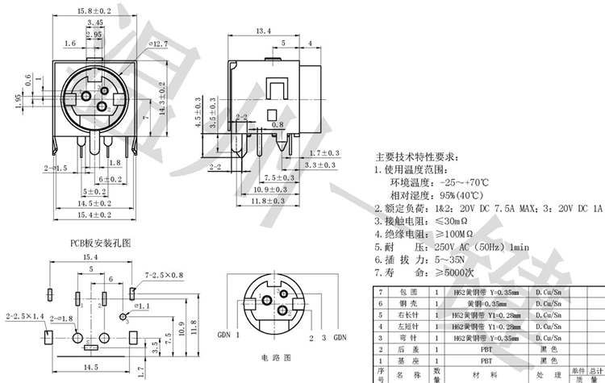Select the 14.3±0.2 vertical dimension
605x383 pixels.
(x=162, y=100)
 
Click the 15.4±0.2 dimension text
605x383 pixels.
(x=94, y=215)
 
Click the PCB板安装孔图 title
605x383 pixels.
(x=100, y=241)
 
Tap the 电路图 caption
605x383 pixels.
(x=274, y=356)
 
